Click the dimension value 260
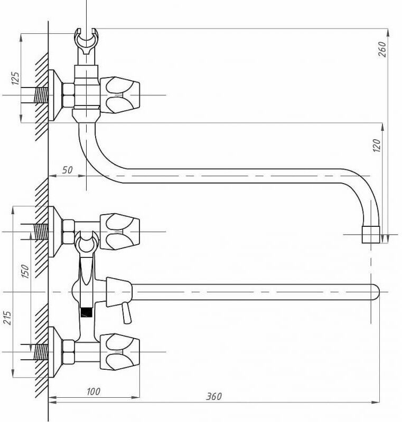[384, 49]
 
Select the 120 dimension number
[377, 145]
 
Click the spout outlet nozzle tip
[370, 235]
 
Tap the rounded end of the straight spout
[375, 292]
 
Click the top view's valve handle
[120, 95]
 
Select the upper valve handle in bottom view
[120, 231]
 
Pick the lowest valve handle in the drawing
[120, 351]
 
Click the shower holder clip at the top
[86, 42]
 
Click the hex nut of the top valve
[69, 95]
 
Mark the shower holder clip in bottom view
[86, 244]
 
